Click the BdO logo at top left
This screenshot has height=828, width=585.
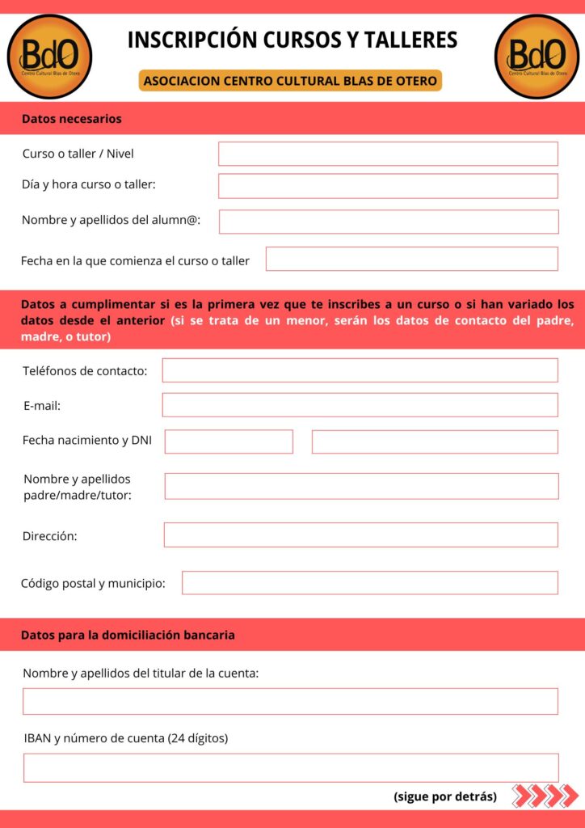point(49,57)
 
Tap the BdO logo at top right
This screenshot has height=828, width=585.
point(537,57)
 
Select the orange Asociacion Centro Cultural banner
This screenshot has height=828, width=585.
point(291,81)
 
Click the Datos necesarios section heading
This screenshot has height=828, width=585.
point(72,119)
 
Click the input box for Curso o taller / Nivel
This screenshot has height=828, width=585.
point(388,154)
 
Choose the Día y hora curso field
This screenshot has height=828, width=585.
point(388,185)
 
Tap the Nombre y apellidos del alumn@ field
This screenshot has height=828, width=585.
point(389,222)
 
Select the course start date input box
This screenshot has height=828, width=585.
point(411,259)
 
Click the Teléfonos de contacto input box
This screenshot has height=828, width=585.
point(360,370)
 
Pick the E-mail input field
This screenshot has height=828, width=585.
point(360,405)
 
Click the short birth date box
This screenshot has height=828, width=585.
point(229,441)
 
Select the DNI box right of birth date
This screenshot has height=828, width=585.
point(435,441)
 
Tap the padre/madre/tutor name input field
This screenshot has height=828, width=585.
point(361,486)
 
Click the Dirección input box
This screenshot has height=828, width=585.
point(360,534)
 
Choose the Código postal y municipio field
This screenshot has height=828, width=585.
point(369,582)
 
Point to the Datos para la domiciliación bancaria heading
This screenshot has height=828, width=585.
point(128,635)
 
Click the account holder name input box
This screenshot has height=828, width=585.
point(290,701)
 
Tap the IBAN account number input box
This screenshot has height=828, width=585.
point(291,767)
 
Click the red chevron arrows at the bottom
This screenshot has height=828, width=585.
point(546,796)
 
